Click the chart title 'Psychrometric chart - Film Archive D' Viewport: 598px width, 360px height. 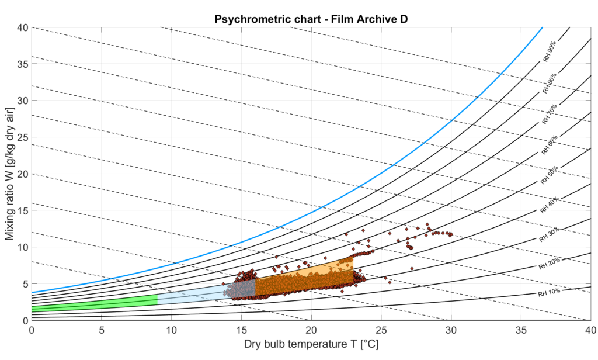(x=311, y=18)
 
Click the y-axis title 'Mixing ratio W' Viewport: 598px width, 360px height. (x=10, y=174)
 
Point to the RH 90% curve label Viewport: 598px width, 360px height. (x=550, y=51)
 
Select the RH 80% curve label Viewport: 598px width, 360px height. (x=550, y=83)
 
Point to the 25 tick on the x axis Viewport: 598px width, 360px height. (x=381, y=330)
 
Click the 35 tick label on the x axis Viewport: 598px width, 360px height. (x=521, y=330)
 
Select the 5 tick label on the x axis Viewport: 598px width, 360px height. (x=102, y=330)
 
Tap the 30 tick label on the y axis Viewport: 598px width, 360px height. (x=22, y=101)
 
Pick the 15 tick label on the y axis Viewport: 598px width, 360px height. (x=22, y=210)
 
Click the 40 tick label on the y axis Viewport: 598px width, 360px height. (x=22, y=27)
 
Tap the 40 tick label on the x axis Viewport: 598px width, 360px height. (x=590, y=330)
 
